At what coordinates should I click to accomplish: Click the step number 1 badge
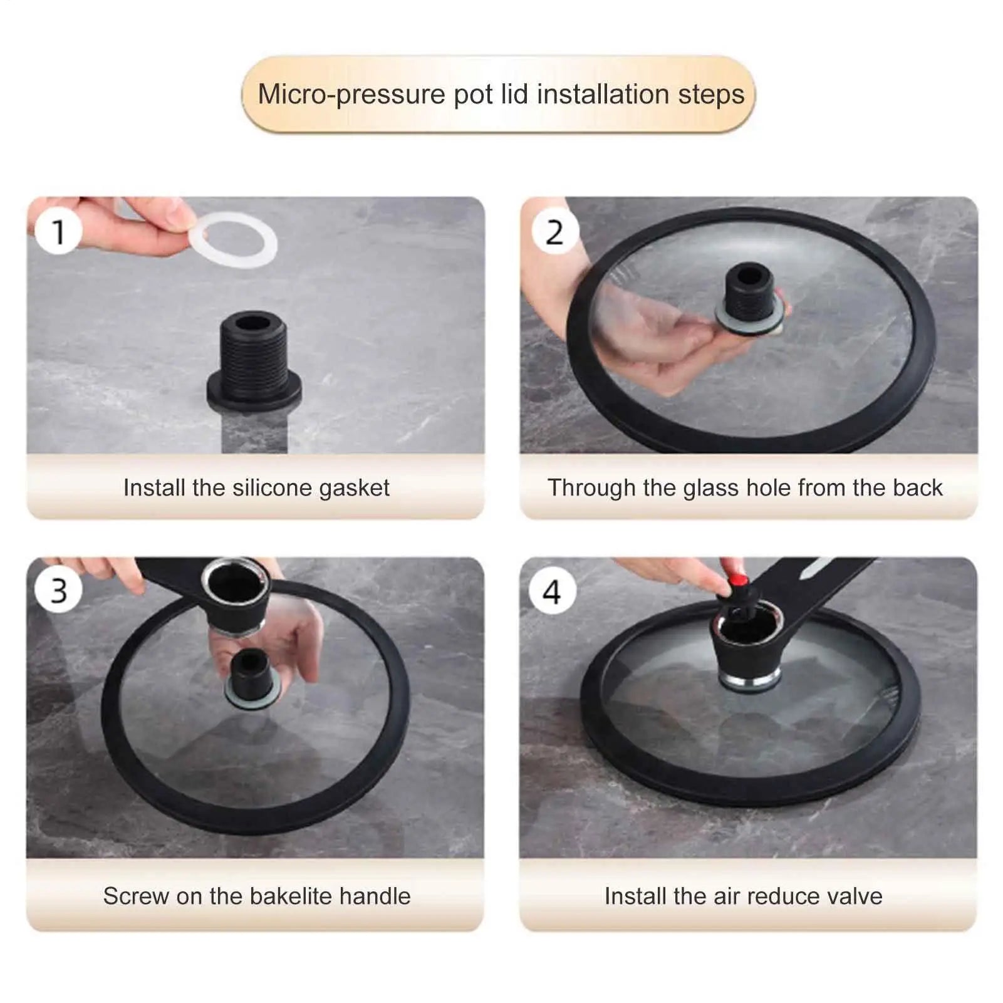(x=58, y=231)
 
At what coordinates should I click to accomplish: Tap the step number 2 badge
(x=554, y=231)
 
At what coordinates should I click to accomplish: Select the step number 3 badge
(x=58, y=590)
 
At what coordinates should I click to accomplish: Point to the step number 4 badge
(x=552, y=591)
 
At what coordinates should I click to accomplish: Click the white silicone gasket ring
(x=233, y=240)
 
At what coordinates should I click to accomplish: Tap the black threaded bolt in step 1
(x=254, y=360)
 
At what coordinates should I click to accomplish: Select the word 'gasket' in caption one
(x=354, y=487)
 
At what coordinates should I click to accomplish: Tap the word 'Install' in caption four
(x=635, y=896)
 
